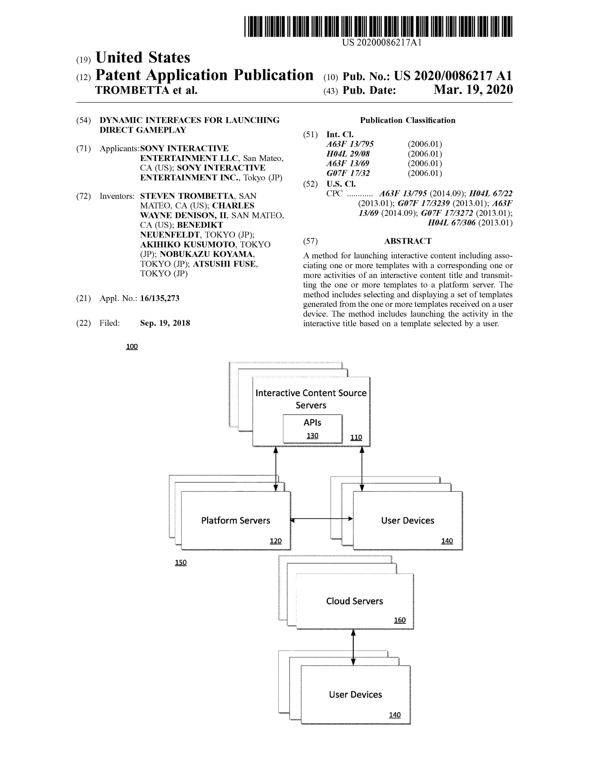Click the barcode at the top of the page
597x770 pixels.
[378, 27]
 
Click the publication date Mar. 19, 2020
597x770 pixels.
[473, 90]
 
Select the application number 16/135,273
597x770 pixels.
[159, 298]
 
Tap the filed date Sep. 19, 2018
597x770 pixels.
[165, 323]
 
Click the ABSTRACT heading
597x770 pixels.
[407, 241]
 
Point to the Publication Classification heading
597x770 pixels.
[407, 120]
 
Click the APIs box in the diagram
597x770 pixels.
[312, 428]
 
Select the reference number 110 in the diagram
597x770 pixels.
[356, 437]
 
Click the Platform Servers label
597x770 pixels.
[235, 520]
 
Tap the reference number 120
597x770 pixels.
[276, 541]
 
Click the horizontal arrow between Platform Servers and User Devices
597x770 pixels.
[321, 519]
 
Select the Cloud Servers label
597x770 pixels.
[354, 601]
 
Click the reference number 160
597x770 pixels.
[399, 620]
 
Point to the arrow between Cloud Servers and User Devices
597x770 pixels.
[353, 647]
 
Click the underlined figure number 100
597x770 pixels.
[132, 346]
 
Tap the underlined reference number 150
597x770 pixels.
[181, 562]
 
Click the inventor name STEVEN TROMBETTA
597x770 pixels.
[187, 196]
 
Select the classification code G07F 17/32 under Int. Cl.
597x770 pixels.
[348, 173]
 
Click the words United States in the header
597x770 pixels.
[143, 57]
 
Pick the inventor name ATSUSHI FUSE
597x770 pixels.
[225, 264]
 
